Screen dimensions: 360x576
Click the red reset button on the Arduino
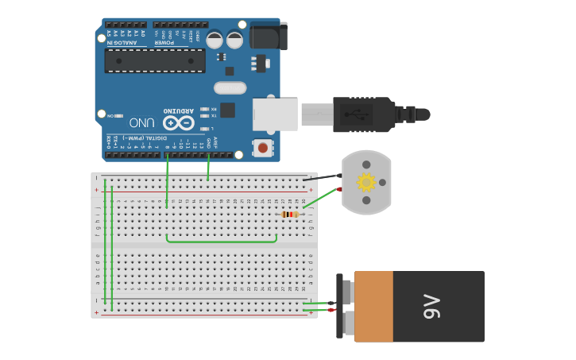tap(263, 148)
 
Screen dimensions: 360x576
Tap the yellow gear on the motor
tap(366, 183)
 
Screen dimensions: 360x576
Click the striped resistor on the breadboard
tap(291, 214)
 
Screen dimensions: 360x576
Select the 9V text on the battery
tap(431, 306)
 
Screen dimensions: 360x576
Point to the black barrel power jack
tap(269, 36)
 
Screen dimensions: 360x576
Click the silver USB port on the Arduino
tap(275, 114)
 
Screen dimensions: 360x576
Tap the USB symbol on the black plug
tap(356, 114)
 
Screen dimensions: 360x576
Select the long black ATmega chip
tap(155, 60)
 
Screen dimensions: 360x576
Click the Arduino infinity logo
tap(179, 122)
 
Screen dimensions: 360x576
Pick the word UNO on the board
tap(142, 123)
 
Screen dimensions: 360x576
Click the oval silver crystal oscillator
tap(230, 87)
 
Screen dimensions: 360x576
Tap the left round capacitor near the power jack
tap(215, 40)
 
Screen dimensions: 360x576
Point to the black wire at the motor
tap(322, 177)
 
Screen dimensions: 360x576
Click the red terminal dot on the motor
tap(339, 189)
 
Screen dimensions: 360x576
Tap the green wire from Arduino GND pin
tap(208, 167)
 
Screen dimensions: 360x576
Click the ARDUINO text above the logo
tap(179, 110)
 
